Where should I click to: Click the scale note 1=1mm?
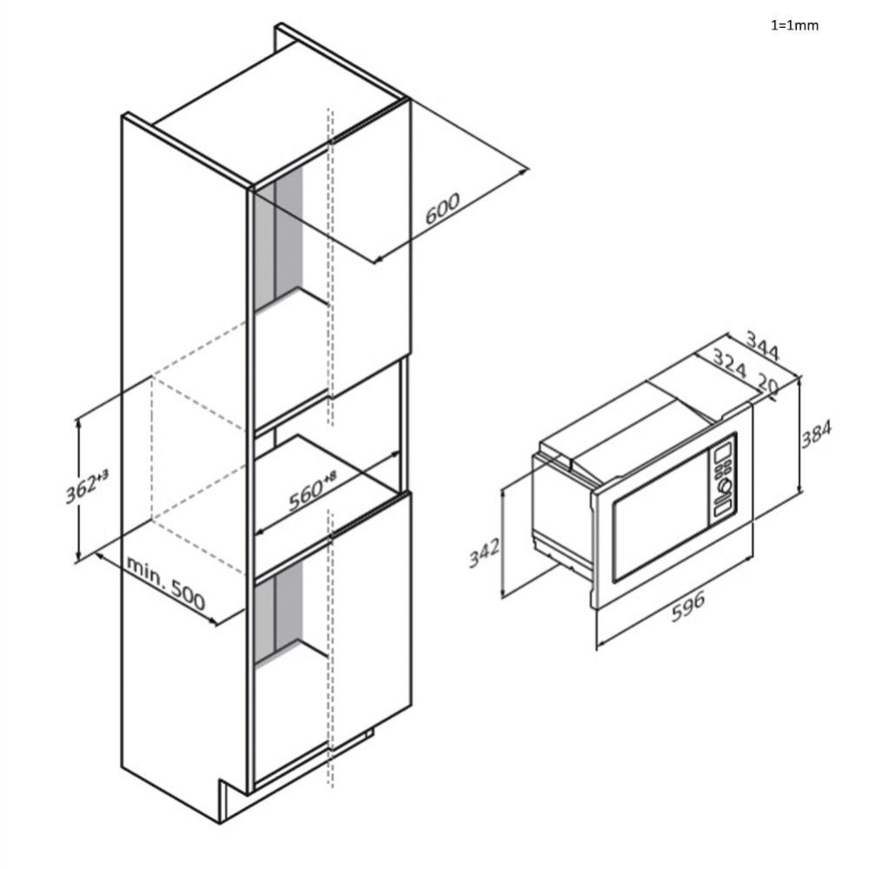794,25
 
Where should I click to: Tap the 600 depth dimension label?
442,208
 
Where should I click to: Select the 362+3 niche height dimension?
87,486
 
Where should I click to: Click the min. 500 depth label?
166,582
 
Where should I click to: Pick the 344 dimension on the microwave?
763,345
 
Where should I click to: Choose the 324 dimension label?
730,362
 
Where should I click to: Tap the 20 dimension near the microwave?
767,386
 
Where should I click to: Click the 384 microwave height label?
816,434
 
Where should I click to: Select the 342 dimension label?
484,553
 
